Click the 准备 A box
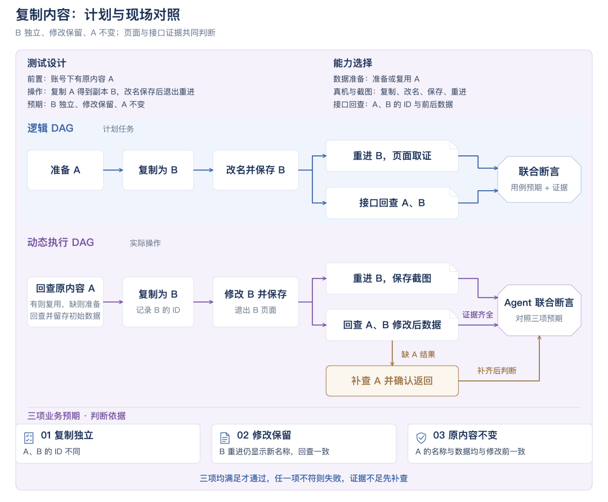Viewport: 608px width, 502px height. point(65,170)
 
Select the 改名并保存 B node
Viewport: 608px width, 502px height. point(256,170)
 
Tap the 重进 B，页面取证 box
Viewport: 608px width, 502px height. point(392,156)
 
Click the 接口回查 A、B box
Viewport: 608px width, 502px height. point(392,203)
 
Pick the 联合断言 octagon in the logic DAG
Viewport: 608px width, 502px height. point(539,179)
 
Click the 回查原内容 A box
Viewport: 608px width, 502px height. point(65,302)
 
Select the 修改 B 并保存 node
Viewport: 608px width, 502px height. point(256,302)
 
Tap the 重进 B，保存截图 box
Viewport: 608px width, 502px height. point(392,279)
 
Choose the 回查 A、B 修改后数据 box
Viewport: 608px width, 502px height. point(392,325)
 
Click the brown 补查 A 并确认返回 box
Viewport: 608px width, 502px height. point(392,380)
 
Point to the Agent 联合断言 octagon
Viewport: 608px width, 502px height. point(539,310)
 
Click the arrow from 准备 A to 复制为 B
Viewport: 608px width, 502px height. point(113,170)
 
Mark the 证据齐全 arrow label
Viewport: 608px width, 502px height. point(478,315)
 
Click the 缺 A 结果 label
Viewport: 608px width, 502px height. point(418,355)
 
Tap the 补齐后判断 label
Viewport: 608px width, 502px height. point(497,370)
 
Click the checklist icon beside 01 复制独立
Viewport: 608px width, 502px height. point(29,438)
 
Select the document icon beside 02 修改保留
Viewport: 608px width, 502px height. point(225,438)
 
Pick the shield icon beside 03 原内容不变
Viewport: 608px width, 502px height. point(421,438)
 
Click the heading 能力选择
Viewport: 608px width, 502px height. point(352,63)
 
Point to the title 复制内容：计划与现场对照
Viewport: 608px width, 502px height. point(98,15)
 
